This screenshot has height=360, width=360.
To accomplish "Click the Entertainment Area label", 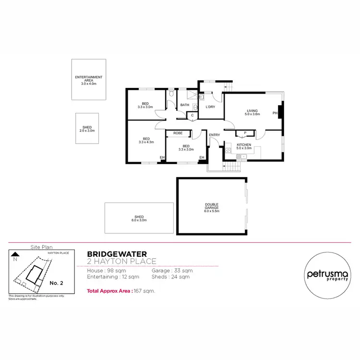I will click(x=89, y=79).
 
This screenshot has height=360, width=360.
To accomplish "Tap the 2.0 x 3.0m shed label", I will click(x=87, y=129).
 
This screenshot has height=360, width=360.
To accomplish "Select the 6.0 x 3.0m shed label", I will click(x=139, y=218).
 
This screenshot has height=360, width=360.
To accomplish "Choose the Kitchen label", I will click(x=244, y=146).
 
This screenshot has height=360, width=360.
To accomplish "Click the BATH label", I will click(x=185, y=106).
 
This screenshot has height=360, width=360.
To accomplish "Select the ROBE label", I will click(x=178, y=133).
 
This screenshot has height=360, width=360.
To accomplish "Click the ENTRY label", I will click(x=214, y=135).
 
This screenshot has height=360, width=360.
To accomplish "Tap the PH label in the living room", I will click(x=275, y=113).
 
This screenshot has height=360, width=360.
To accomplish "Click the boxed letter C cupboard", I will click(x=192, y=115).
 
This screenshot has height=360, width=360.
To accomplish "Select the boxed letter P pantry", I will click(x=245, y=133).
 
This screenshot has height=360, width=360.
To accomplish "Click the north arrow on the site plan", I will click(x=15, y=255).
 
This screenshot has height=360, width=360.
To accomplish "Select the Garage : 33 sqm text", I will click(x=176, y=271).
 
